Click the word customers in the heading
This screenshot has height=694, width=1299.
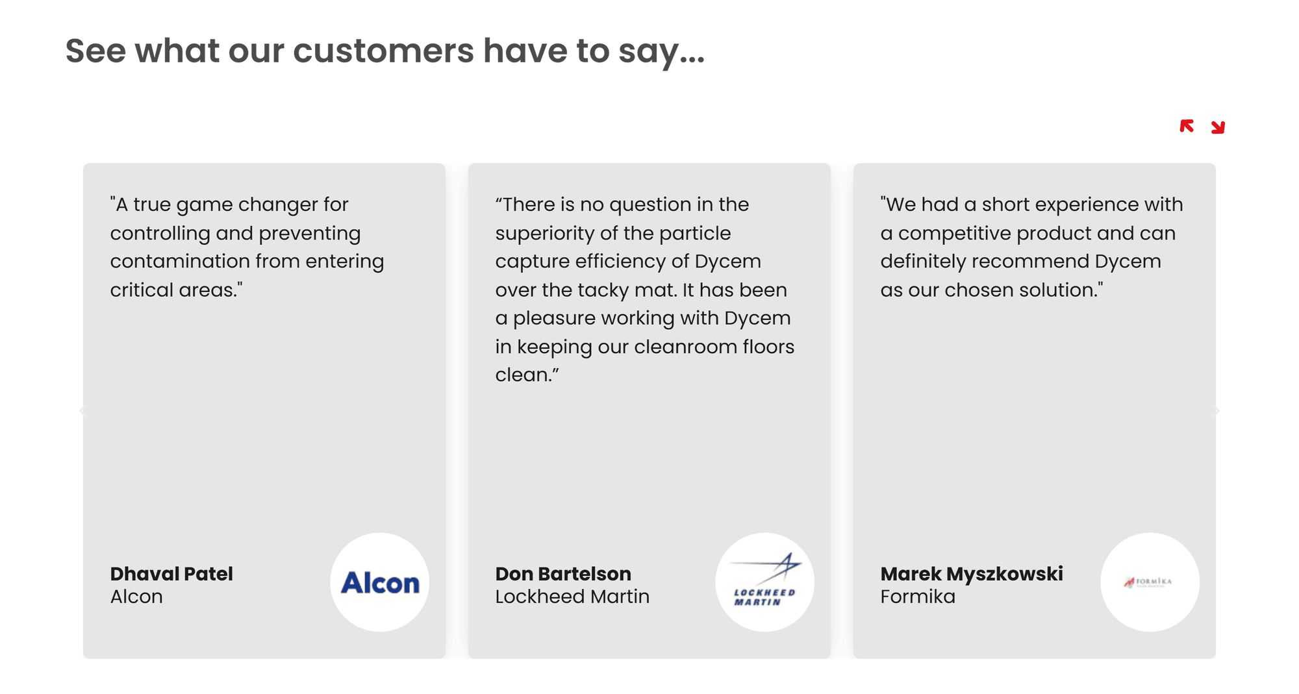pyautogui.click(x=384, y=51)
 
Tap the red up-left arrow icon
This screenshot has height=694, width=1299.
pyautogui.click(x=1187, y=126)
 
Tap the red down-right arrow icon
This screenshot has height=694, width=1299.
pyautogui.click(x=1218, y=127)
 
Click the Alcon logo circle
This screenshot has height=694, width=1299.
pyautogui.click(x=380, y=582)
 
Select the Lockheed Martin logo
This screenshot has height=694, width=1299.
pyautogui.click(x=765, y=582)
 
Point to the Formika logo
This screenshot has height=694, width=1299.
pyautogui.click(x=1150, y=582)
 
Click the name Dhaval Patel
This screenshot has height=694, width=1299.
pyautogui.click(x=171, y=574)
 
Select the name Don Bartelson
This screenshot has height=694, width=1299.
pyautogui.click(x=563, y=574)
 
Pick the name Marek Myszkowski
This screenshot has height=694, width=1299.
pyautogui.click(x=972, y=574)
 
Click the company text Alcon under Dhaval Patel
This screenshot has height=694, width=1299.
pyautogui.click(x=136, y=597)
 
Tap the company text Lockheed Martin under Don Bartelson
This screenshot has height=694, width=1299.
pyautogui.click(x=572, y=597)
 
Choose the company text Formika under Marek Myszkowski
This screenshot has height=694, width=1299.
pyautogui.click(x=918, y=597)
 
